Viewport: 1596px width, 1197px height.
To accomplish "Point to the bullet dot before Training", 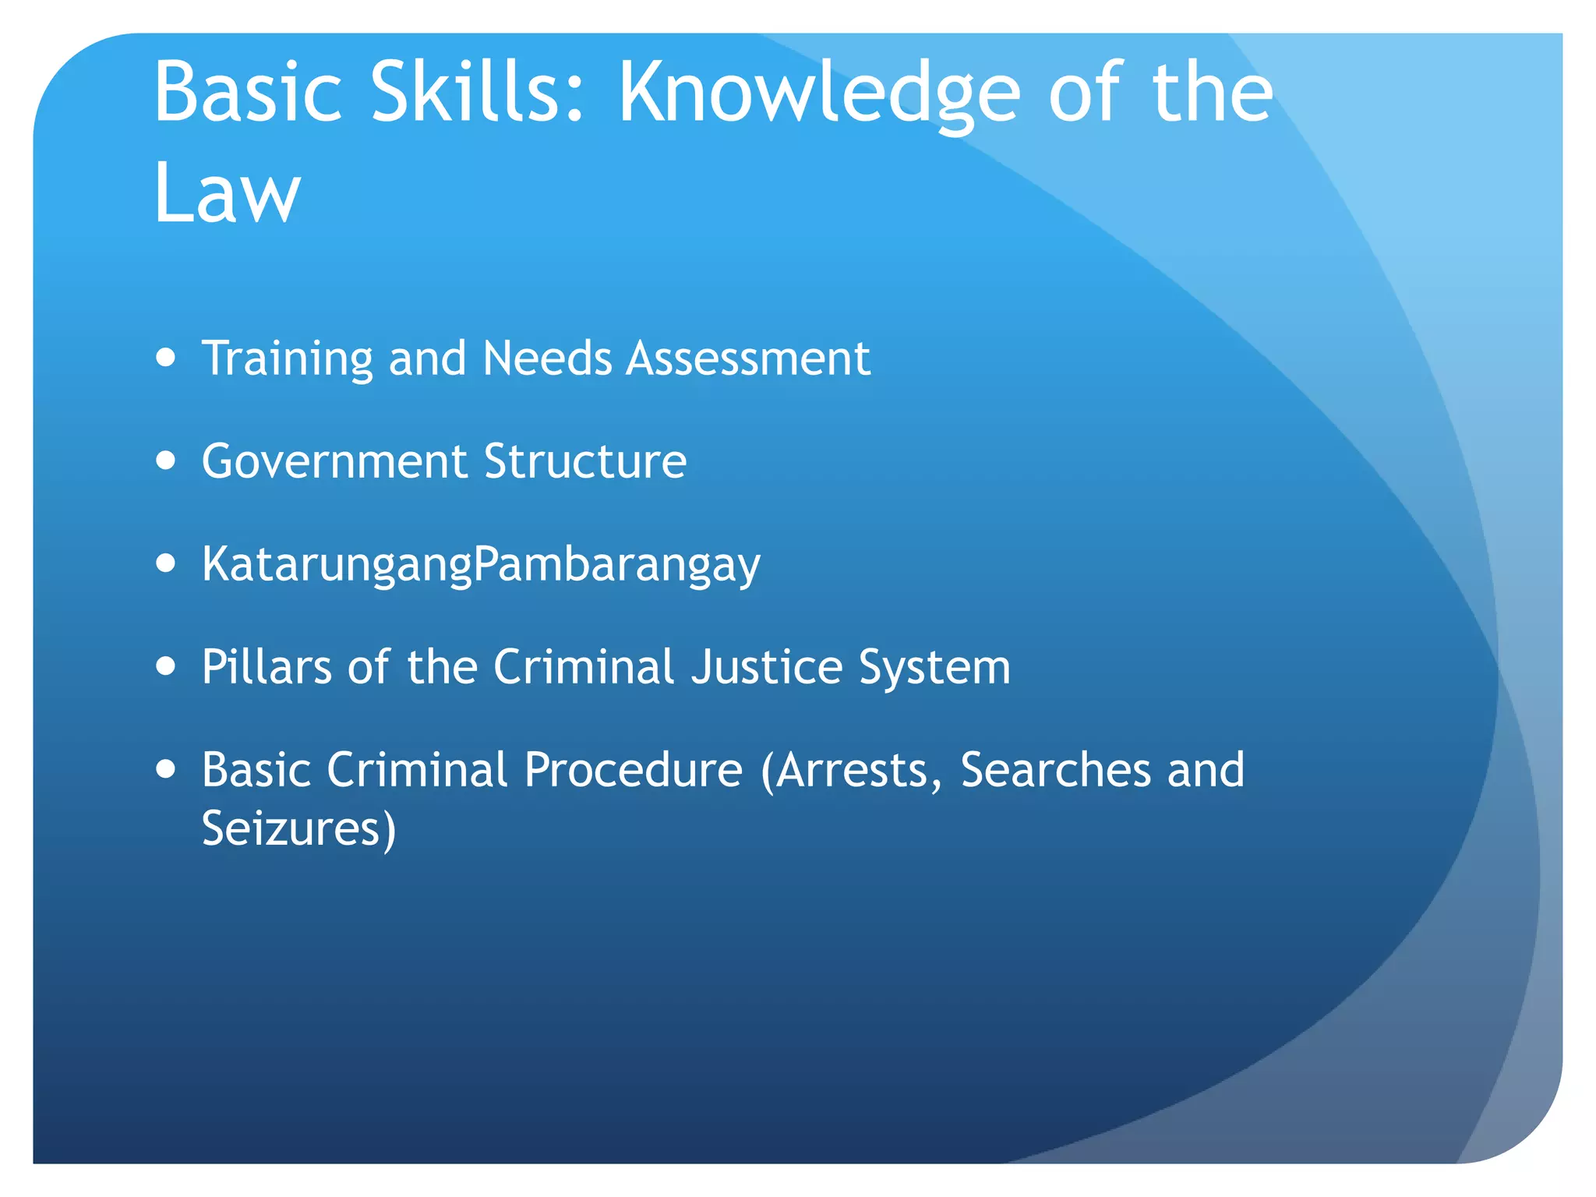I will tap(166, 358).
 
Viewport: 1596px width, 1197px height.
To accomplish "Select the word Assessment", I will tap(748, 358).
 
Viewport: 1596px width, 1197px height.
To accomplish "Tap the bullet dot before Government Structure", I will tap(166, 461).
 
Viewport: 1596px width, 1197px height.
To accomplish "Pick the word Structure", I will tap(585, 461).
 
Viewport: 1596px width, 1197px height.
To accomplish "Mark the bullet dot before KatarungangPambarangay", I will tap(166, 563).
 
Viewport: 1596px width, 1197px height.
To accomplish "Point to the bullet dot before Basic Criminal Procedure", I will tap(166, 770).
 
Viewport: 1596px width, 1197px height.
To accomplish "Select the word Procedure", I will tap(633, 770).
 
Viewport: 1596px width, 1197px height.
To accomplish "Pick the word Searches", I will tap(1055, 770).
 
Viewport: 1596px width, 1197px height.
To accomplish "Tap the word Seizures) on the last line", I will tap(299, 828).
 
